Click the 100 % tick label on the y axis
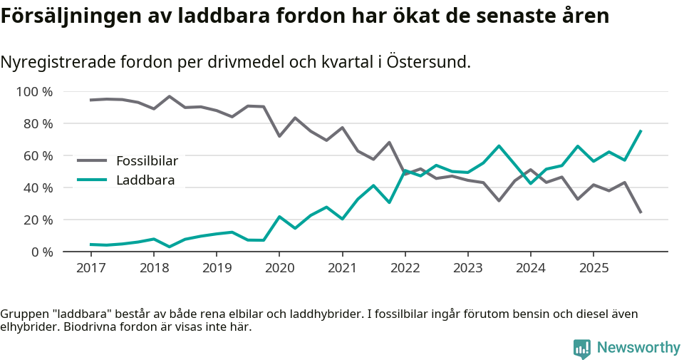click(34, 92)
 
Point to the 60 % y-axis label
click(38, 156)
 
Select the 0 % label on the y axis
click(41, 252)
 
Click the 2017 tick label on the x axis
click(90, 268)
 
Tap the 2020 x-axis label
click(279, 268)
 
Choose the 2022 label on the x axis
click(405, 268)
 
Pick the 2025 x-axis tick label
click(594, 268)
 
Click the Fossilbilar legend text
click(146, 161)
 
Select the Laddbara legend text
click(145, 180)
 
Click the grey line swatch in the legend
click(92, 161)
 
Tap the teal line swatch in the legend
click(92, 180)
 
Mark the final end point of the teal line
click(641, 130)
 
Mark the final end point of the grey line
click(641, 212)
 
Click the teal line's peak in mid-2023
click(499, 146)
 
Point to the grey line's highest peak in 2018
click(170, 96)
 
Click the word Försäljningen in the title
click(60, 16)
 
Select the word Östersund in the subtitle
click(427, 62)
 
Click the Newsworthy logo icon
click(581, 348)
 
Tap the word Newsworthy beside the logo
click(638, 348)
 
